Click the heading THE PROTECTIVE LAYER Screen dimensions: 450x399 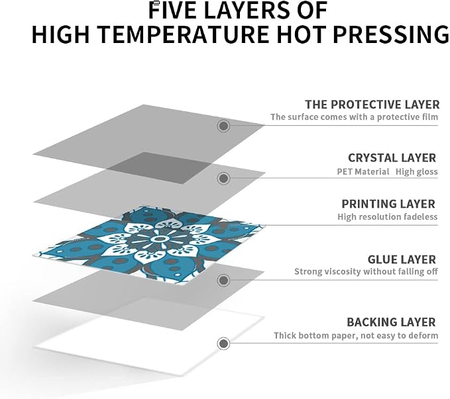[x=372, y=105]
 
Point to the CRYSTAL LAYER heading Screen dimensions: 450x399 [x=392, y=158]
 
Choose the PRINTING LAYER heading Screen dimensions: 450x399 [x=388, y=204]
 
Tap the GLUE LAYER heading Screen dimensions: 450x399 [x=402, y=259]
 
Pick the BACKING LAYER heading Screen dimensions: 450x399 [x=391, y=322]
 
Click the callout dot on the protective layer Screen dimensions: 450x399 [x=223, y=126]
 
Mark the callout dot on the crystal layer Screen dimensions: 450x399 [x=223, y=178]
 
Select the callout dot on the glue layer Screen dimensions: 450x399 [x=223, y=280]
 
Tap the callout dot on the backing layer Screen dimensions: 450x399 [x=223, y=343]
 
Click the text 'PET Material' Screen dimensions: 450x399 [x=363, y=171]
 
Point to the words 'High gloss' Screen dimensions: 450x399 [x=417, y=171]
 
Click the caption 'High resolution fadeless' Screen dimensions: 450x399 [x=388, y=216]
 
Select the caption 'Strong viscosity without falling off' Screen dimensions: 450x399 [x=366, y=271]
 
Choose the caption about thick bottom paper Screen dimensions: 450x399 [x=356, y=335]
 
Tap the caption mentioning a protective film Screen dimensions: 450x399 [x=354, y=117]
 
